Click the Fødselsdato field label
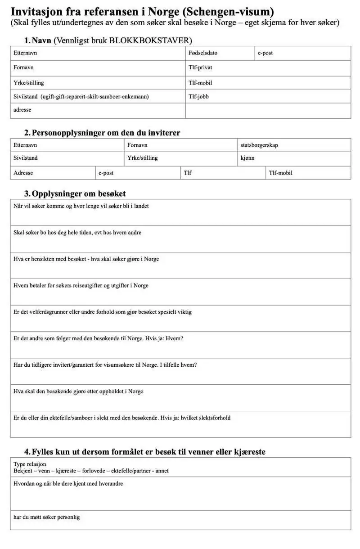coord(203,53)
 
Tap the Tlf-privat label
coord(200,67)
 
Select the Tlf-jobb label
coord(199,96)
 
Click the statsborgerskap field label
coord(262,145)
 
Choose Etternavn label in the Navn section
coord(25,53)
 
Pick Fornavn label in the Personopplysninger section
coord(137,145)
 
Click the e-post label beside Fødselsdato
coord(265,53)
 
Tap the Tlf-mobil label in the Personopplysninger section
coord(281,173)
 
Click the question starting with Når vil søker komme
coord(81,206)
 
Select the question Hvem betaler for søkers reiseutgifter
coord(81,285)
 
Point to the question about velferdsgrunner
coord(103,312)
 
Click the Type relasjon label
coord(30,464)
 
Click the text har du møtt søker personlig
coord(46,517)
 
